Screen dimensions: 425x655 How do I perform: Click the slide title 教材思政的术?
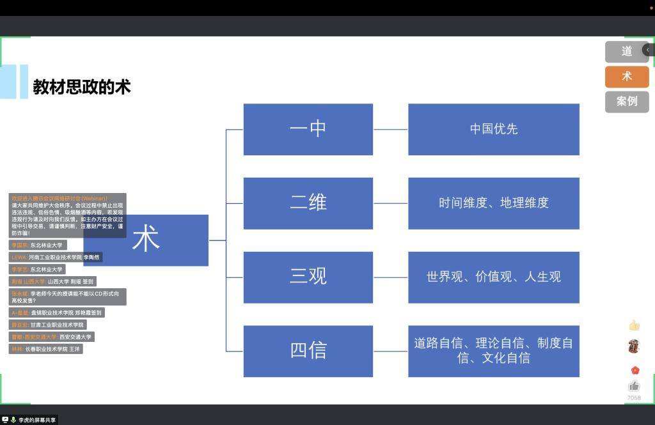click(x=82, y=86)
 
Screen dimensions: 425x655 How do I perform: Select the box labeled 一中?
click(x=308, y=129)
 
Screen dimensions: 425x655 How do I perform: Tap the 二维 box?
click(x=308, y=203)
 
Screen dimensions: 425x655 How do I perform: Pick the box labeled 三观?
click(x=308, y=277)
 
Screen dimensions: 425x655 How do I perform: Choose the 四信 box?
click(x=308, y=351)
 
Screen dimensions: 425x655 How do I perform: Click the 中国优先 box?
click(x=493, y=129)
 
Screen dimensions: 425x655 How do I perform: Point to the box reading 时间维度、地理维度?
click(x=493, y=203)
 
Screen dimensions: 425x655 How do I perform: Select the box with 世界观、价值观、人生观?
click(x=493, y=277)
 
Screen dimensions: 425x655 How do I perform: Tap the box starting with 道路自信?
click(x=493, y=351)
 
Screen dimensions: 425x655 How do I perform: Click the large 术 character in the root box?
click(x=146, y=240)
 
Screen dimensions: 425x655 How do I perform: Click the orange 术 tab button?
click(x=626, y=76)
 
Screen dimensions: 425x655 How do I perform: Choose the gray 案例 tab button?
click(x=626, y=102)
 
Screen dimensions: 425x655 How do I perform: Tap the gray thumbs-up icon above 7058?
click(x=634, y=385)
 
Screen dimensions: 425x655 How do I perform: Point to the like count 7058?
click(x=634, y=398)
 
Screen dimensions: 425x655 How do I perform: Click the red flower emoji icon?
click(x=635, y=370)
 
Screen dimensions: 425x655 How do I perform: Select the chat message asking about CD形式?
click(x=67, y=297)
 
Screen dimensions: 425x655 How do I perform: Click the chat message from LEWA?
click(x=56, y=257)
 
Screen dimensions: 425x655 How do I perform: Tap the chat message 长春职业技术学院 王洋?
click(x=45, y=349)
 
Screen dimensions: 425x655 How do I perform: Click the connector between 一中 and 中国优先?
click(x=390, y=129)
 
